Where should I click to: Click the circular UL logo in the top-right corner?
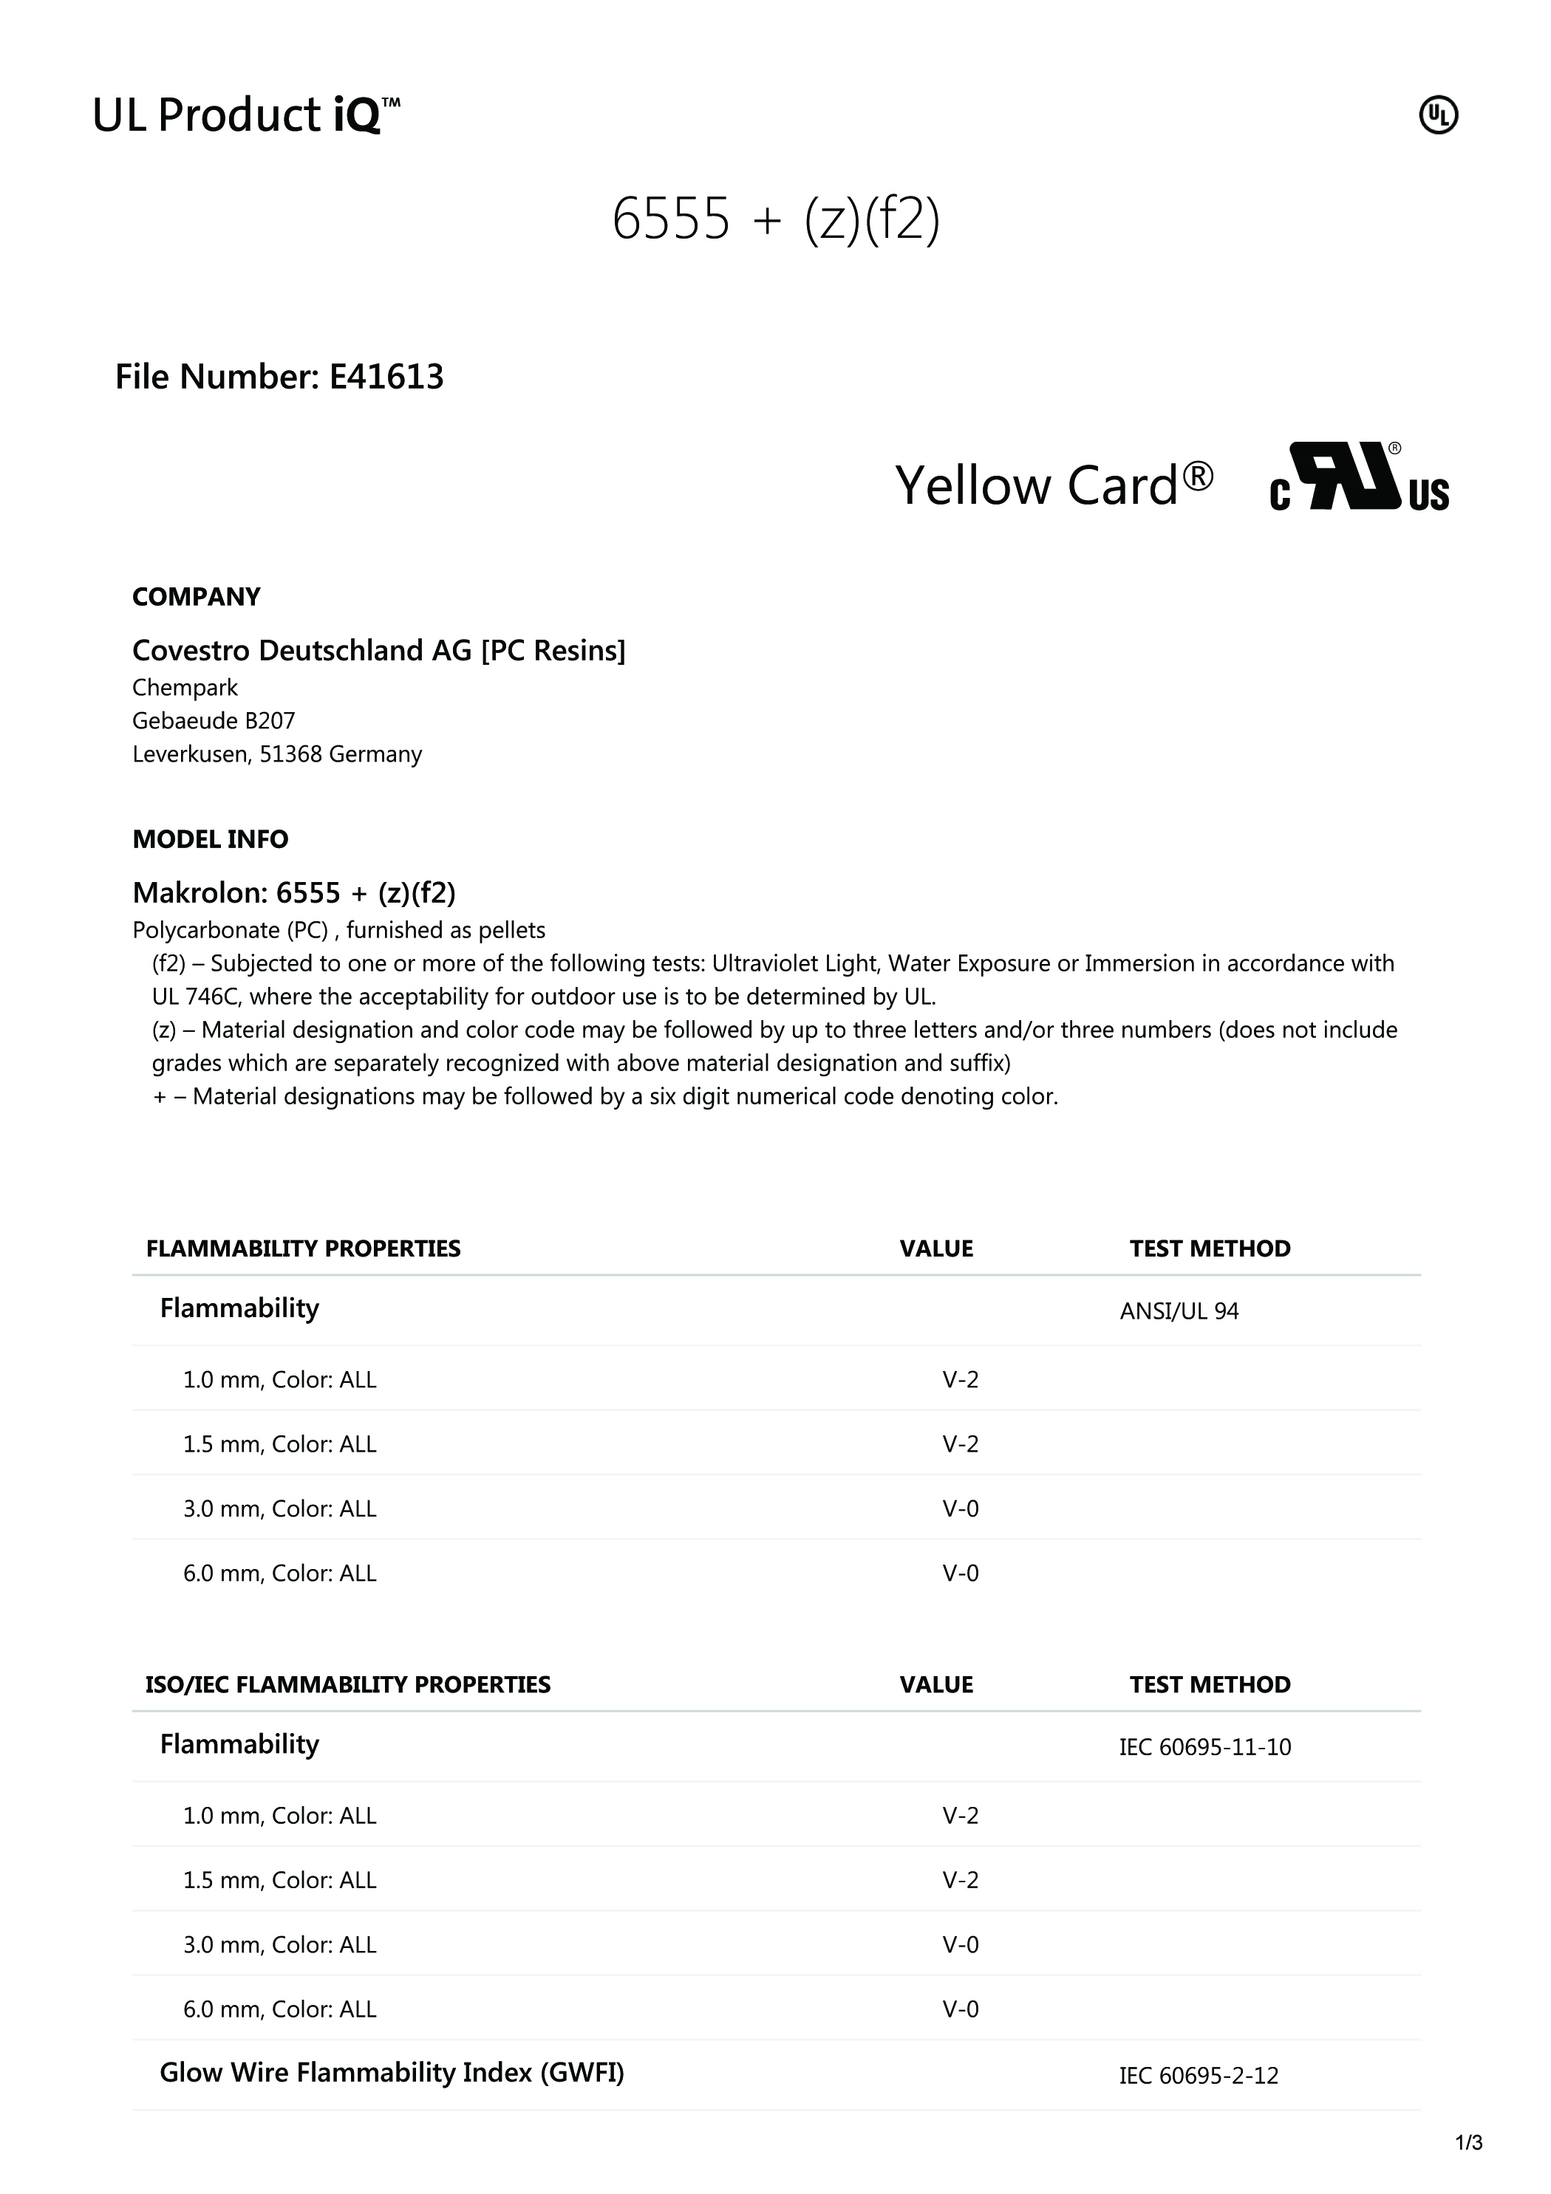pyautogui.click(x=1438, y=116)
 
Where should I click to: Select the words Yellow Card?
pyautogui.click(x=1053, y=485)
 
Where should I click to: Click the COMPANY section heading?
pyautogui.click(x=196, y=597)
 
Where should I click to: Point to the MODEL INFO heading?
pyautogui.click(x=211, y=839)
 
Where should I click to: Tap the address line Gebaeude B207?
pyautogui.click(x=213, y=720)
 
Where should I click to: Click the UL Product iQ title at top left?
pyautogui.click(x=245, y=116)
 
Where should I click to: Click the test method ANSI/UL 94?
pyautogui.click(x=1179, y=1311)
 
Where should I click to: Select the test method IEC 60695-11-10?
pyautogui.click(x=1204, y=1747)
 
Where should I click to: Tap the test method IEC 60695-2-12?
pyautogui.click(x=1199, y=2076)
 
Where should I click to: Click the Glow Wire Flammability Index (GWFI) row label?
pyautogui.click(x=391, y=2073)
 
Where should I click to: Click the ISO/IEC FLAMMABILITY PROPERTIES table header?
pyautogui.click(x=348, y=1685)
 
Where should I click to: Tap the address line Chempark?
pyautogui.click(x=185, y=688)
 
